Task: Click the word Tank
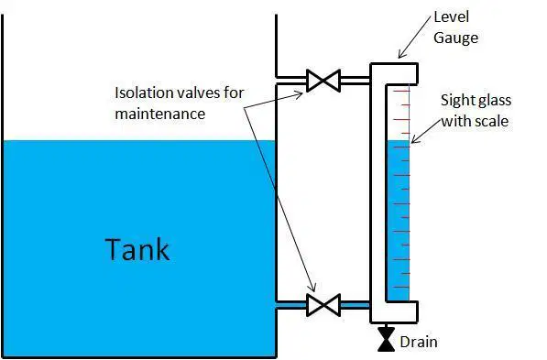(x=137, y=249)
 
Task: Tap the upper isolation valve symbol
(x=323, y=81)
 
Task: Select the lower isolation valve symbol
(x=323, y=305)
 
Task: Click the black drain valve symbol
(x=386, y=339)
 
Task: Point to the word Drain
(x=419, y=342)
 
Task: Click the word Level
(x=451, y=16)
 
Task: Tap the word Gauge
(x=455, y=38)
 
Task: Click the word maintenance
(x=160, y=114)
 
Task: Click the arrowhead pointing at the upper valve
(x=299, y=94)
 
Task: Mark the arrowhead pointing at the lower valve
(x=313, y=287)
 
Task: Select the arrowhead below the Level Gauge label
(x=402, y=54)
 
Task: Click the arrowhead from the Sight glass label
(x=415, y=139)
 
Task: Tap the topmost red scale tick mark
(x=401, y=92)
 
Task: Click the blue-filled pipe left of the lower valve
(x=291, y=305)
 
